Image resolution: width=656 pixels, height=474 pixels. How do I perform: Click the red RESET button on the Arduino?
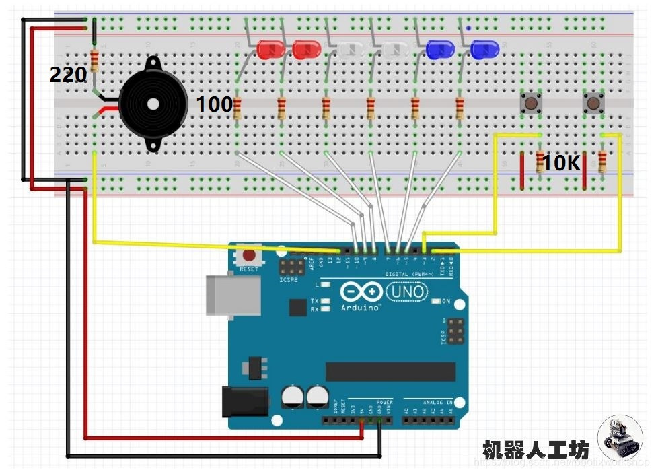point(249,257)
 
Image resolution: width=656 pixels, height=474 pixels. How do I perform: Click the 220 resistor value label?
point(68,75)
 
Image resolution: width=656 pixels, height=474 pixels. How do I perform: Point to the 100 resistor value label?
point(214,104)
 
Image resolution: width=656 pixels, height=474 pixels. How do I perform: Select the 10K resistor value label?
point(561,162)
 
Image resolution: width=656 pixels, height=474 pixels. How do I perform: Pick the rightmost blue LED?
point(484,48)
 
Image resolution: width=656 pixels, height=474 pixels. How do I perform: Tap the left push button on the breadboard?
point(532,104)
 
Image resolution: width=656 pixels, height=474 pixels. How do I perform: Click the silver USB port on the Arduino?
point(233,295)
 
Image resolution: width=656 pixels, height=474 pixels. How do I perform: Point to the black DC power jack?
point(245,401)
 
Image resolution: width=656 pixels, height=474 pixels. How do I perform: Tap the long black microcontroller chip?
point(390,371)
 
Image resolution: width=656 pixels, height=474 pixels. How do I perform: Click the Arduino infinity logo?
point(362,292)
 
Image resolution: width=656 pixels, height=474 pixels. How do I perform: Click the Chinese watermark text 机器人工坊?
point(536,449)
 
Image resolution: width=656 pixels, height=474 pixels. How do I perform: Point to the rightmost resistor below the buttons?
point(602,161)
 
